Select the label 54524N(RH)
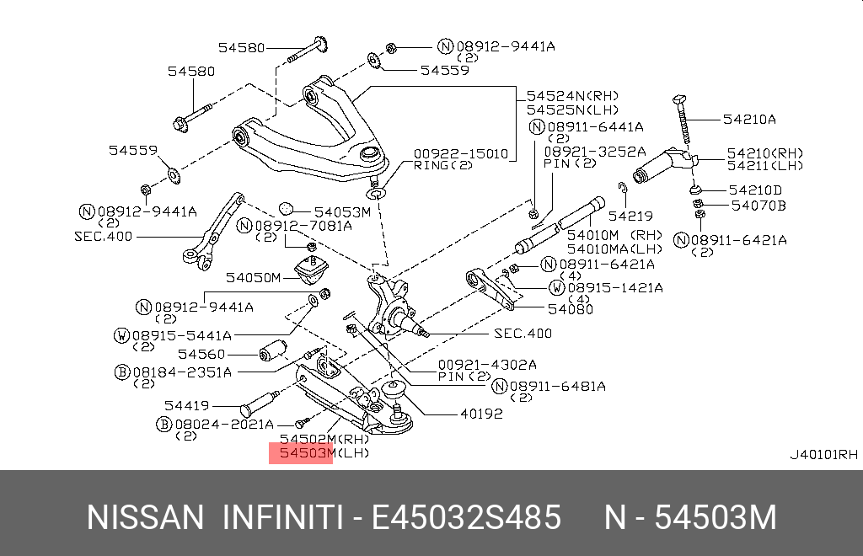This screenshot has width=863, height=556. (571, 95)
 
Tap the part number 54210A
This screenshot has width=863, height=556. (748, 120)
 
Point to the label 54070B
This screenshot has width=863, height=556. (758, 205)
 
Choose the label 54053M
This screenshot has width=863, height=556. (342, 212)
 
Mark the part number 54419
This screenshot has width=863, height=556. (186, 405)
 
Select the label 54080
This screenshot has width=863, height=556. (570, 309)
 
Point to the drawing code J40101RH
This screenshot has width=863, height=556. (823, 455)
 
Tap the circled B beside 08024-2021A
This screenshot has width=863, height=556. (164, 424)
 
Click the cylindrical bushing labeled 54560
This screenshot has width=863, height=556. (271, 353)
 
